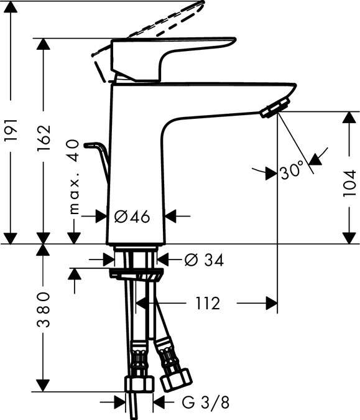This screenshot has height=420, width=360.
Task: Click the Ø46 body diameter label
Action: pyautogui.click(x=133, y=217)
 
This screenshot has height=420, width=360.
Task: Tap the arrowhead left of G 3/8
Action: pyautogui.click(x=121, y=403)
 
